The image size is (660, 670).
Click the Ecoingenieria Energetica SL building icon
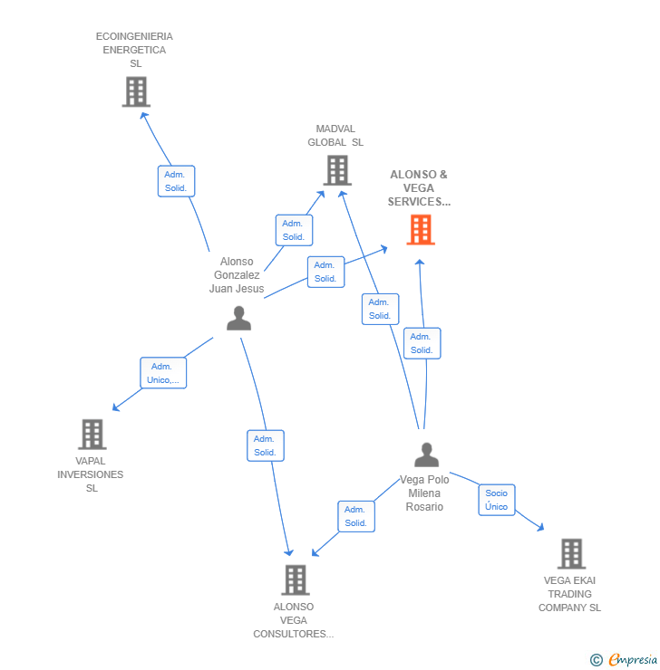[x=136, y=91]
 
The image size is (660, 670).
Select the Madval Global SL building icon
[x=336, y=170]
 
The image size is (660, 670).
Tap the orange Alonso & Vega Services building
[x=420, y=230]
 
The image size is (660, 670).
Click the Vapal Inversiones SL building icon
[x=92, y=435]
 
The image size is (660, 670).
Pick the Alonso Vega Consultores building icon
[x=295, y=579]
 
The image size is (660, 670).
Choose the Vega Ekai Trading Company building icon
[x=570, y=553]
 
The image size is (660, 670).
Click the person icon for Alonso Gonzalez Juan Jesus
[x=238, y=319]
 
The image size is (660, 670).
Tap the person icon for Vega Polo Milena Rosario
[x=426, y=455]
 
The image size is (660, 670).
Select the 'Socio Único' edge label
[x=496, y=500]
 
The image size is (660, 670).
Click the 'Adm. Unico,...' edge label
[x=163, y=373]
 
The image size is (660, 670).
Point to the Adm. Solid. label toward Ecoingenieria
[x=175, y=181]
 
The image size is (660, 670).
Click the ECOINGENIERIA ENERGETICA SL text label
[x=134, y=50]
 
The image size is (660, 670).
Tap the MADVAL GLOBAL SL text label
[x=335, y=136]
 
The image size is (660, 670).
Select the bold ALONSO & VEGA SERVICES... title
[x=419, y=188]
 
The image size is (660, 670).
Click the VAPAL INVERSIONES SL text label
[x=91, y=474]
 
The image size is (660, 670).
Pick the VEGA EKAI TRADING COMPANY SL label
[x=569, y=594]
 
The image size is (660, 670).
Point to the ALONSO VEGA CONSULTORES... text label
[x=294, y=620]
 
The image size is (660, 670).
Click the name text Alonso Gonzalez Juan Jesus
[x=237, y=275]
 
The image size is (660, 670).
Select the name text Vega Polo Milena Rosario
[x=424, y=493]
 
